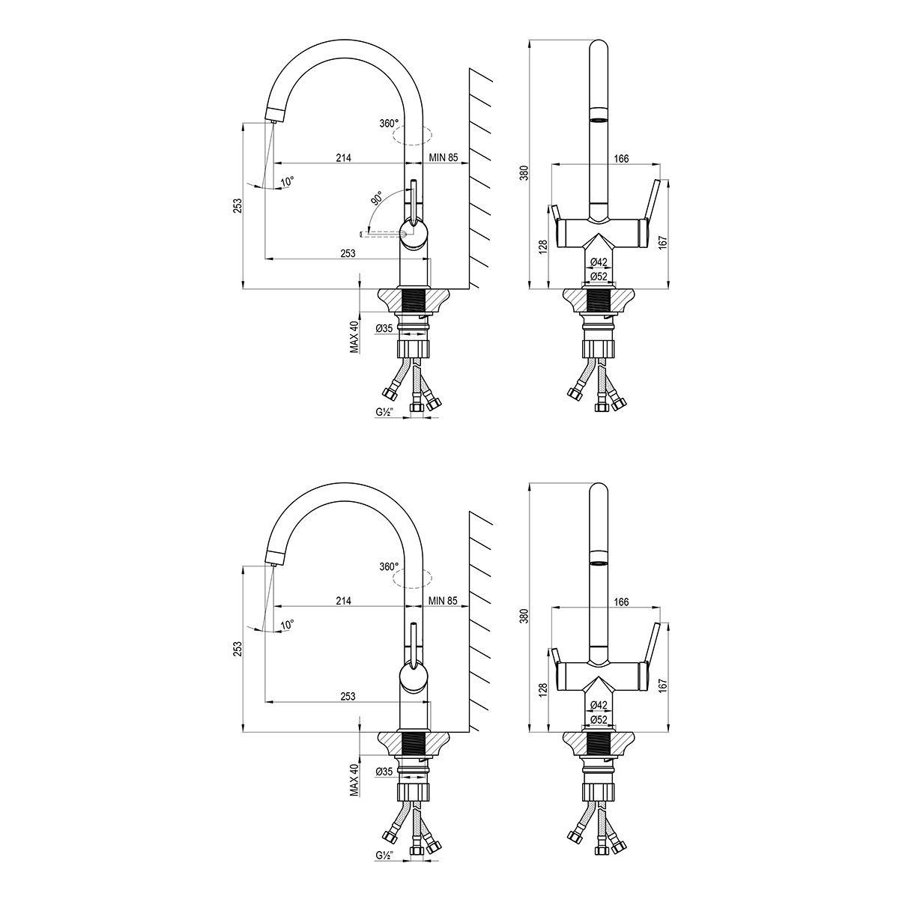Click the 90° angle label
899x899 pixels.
pos(377,198)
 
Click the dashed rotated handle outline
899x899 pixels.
pos(384,233)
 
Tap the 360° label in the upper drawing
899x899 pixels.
pos(389,124)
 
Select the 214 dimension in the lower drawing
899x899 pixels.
pos(343,601)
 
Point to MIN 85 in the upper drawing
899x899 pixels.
pos(444,157)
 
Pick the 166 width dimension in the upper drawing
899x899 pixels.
pos(621,159)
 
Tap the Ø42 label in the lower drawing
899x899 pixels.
pos(599,704)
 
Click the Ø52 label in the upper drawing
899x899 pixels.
pos(599,276)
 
